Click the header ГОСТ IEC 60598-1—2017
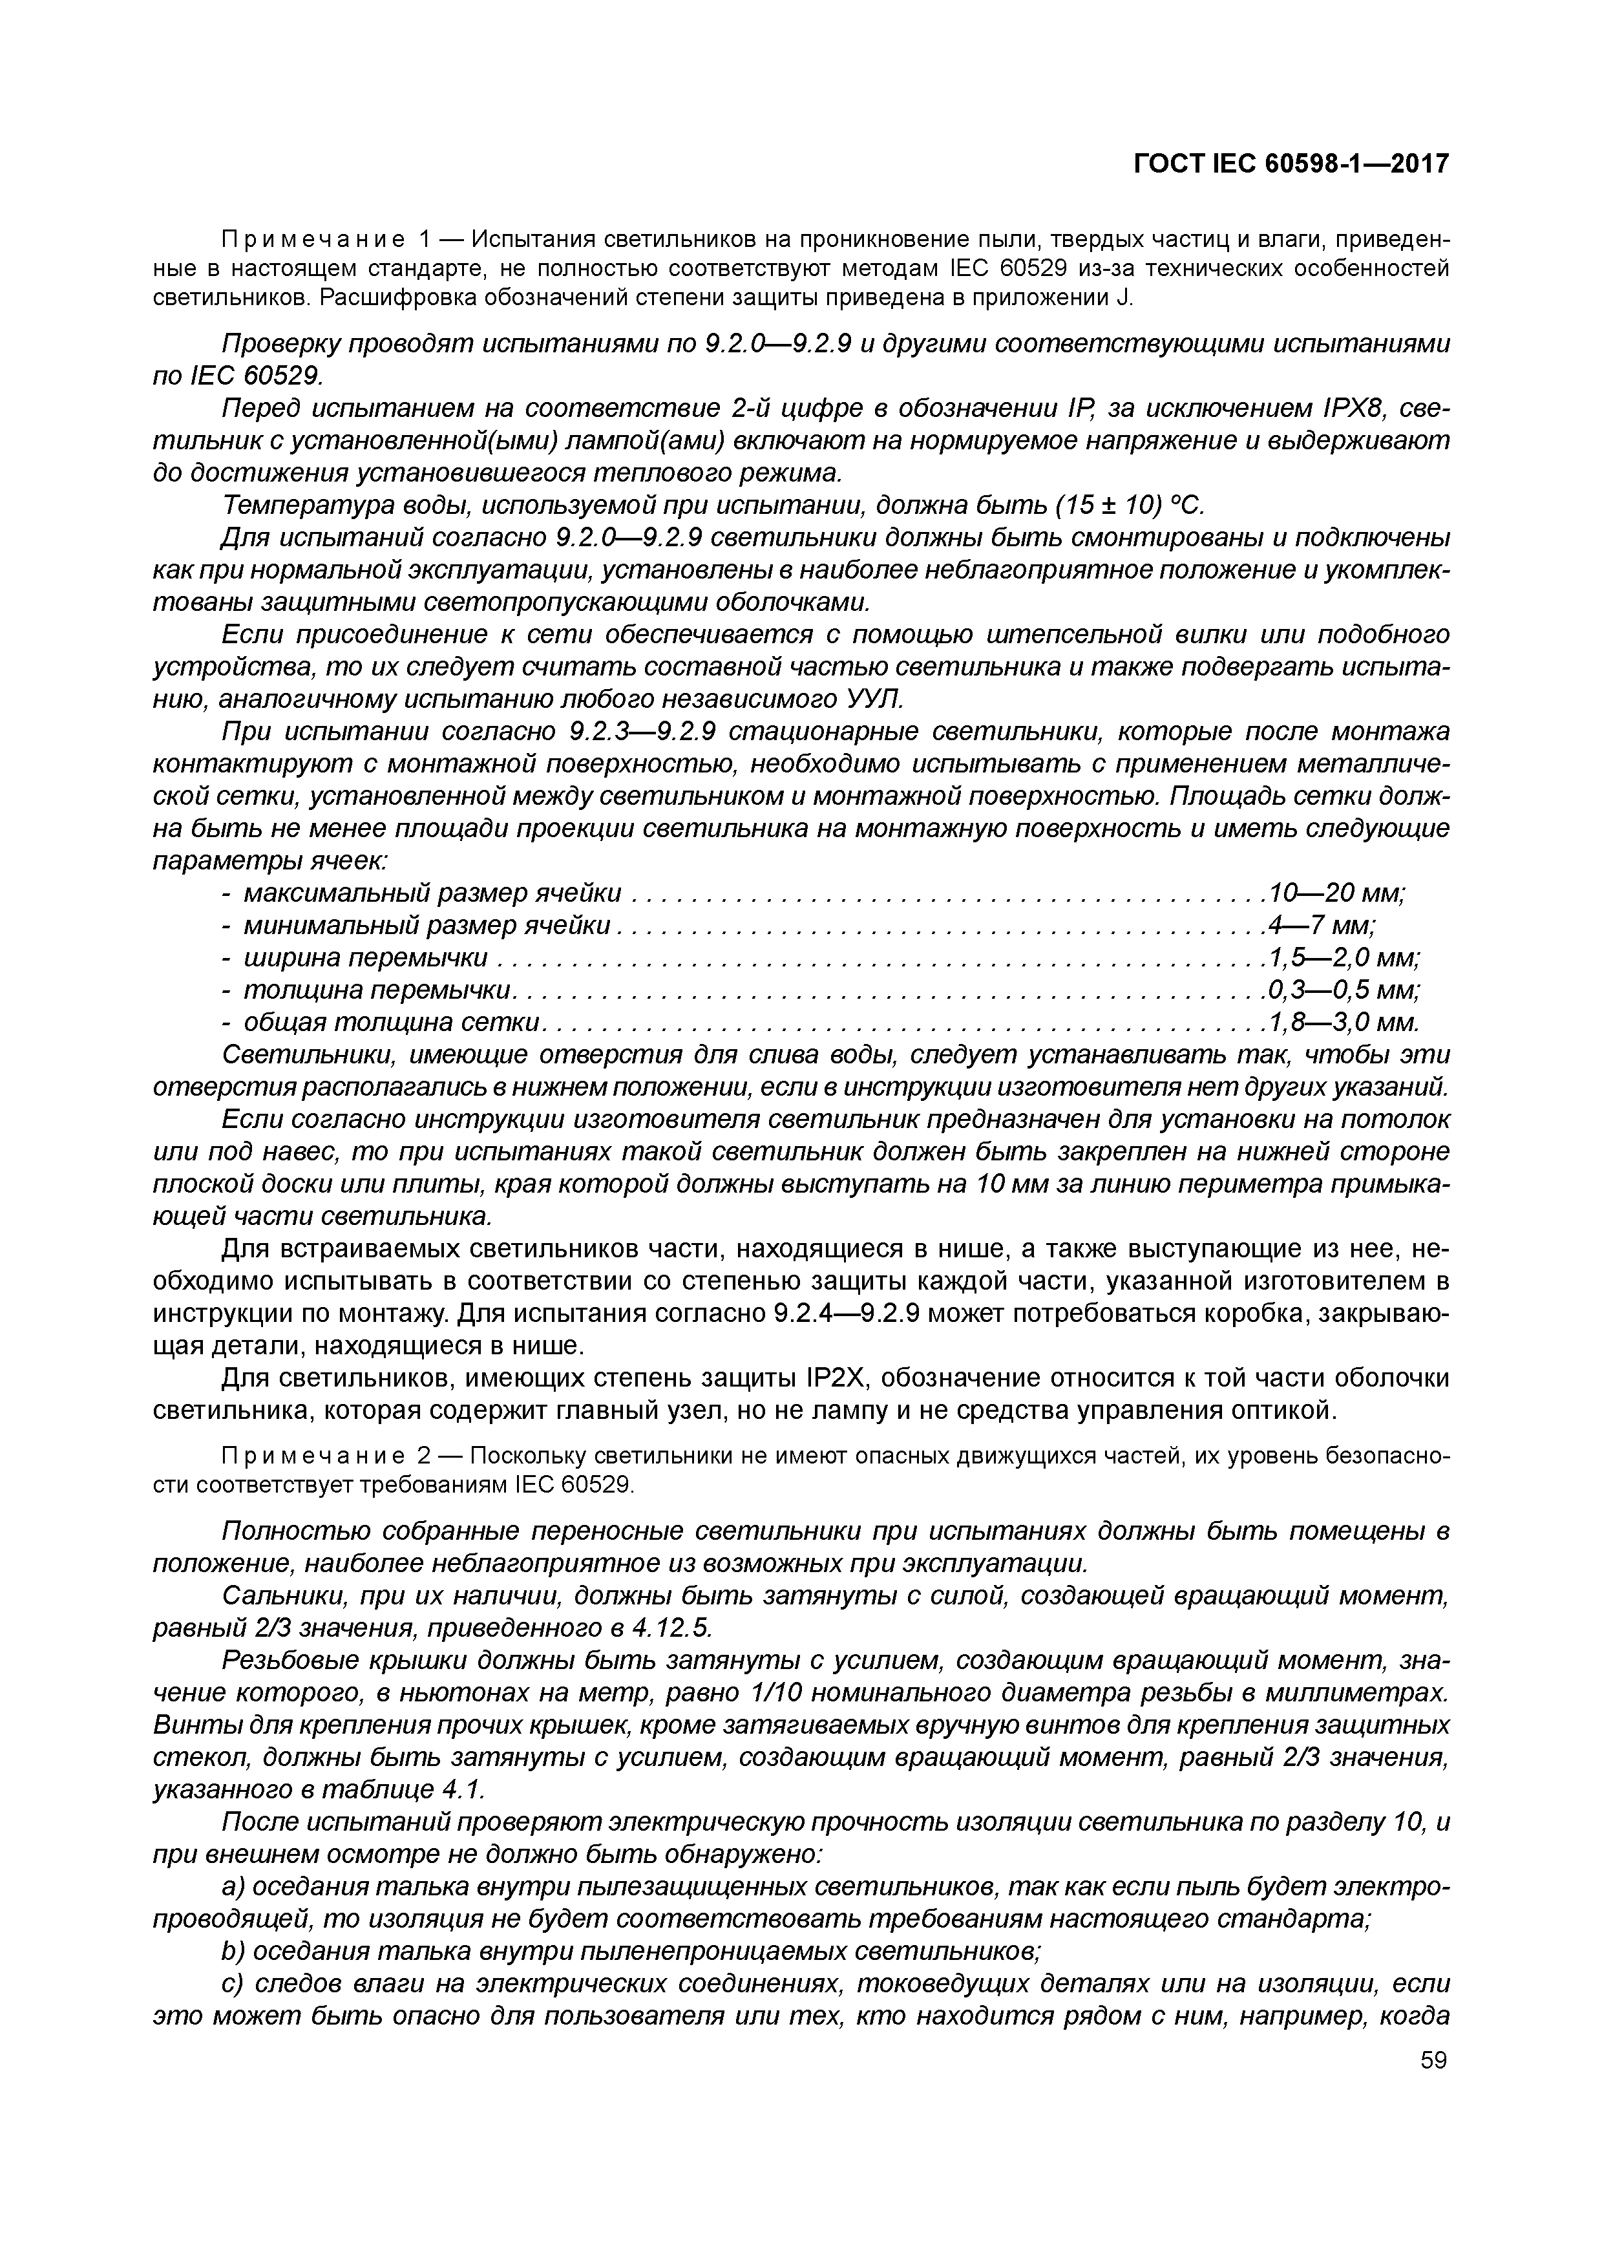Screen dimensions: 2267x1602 1290,164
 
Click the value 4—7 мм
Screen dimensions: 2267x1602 1322,926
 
